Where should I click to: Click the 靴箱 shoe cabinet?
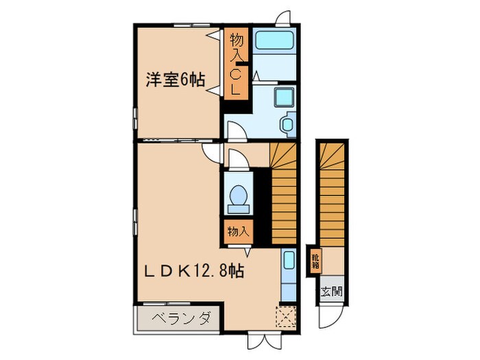pos(315,261)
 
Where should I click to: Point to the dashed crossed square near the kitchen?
pos(285,316)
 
